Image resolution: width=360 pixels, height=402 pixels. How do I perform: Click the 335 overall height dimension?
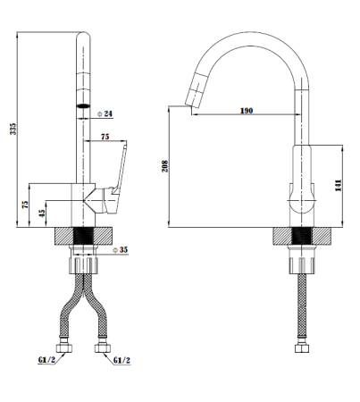pyautogui.click(x=13, y=129)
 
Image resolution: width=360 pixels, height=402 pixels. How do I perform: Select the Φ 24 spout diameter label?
pyautogui.click(x=105, y=113)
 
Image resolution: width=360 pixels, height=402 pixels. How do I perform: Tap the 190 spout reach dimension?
pyautogui.click(x=247, y=111)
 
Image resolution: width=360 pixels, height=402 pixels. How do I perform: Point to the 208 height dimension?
pyautogui.click(x=165, y=166)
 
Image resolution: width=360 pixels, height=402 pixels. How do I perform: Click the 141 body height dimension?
pyautogui.click(x=339, y=185)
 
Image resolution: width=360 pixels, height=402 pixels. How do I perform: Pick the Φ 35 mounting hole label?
pyautogui.click(x=120, y=250)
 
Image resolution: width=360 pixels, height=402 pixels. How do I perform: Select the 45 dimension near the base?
pyautogui.click(x=42, y=213)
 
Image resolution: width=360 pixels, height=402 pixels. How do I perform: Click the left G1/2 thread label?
pyautogui.click(x=46, y=360)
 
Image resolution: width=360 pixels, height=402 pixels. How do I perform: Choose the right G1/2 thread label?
pyautogui.click(x=121, y=360)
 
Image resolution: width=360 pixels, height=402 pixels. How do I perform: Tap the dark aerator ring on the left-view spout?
pyautogui.click(x=83, y=105)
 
